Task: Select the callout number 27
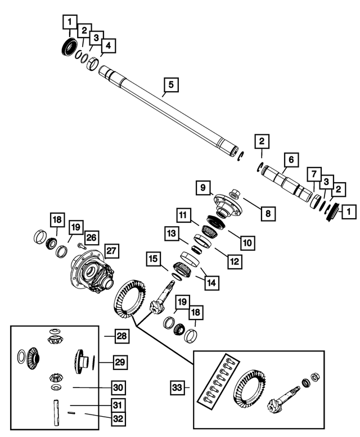(111, 251)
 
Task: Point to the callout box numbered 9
(203, 187)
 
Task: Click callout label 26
(92, 237)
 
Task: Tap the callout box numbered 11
(183, 215)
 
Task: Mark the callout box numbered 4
(107, 46)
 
